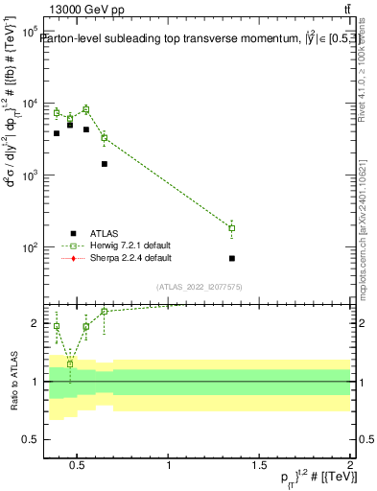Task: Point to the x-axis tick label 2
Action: (x=350, y=466)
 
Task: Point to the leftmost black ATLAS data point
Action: (x=57, y=133)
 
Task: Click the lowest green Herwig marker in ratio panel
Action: (x=70, y=364)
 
